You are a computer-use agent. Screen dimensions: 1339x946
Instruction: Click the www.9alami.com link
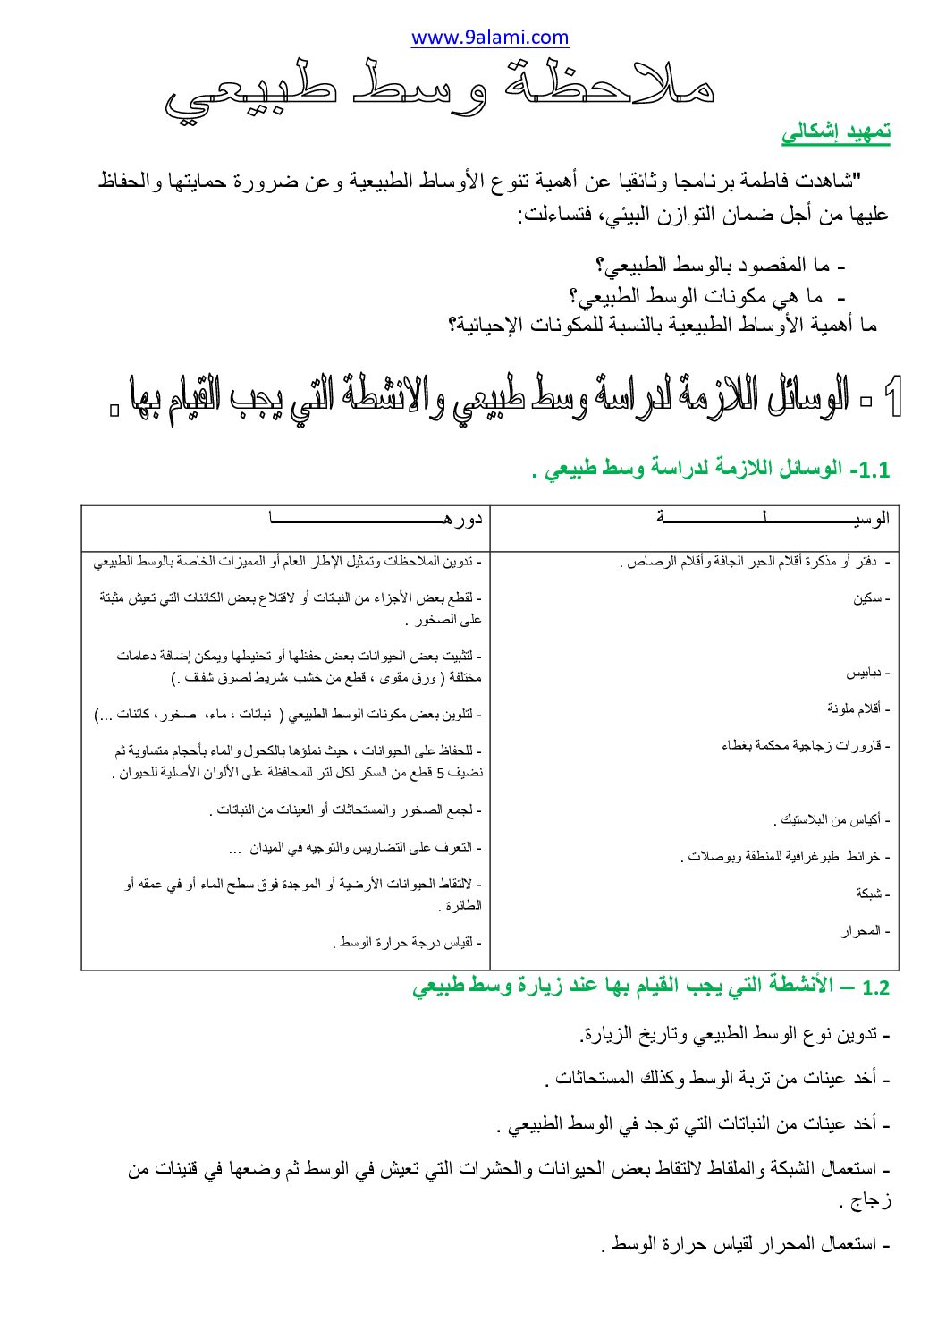pos(489,38)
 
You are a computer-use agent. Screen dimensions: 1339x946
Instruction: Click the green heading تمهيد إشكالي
pos(836,132)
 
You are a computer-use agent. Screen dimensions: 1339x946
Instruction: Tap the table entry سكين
pos(868,598)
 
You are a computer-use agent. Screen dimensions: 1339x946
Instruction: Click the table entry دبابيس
pos(866,673)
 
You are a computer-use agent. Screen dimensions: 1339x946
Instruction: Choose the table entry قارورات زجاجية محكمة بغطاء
pos(804,746)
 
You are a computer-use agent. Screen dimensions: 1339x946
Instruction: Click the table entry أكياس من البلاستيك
pos(829,819)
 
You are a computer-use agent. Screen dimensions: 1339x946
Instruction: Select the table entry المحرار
pos(863,931)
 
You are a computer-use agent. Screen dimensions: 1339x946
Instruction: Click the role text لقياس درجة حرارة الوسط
pos(408,943)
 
